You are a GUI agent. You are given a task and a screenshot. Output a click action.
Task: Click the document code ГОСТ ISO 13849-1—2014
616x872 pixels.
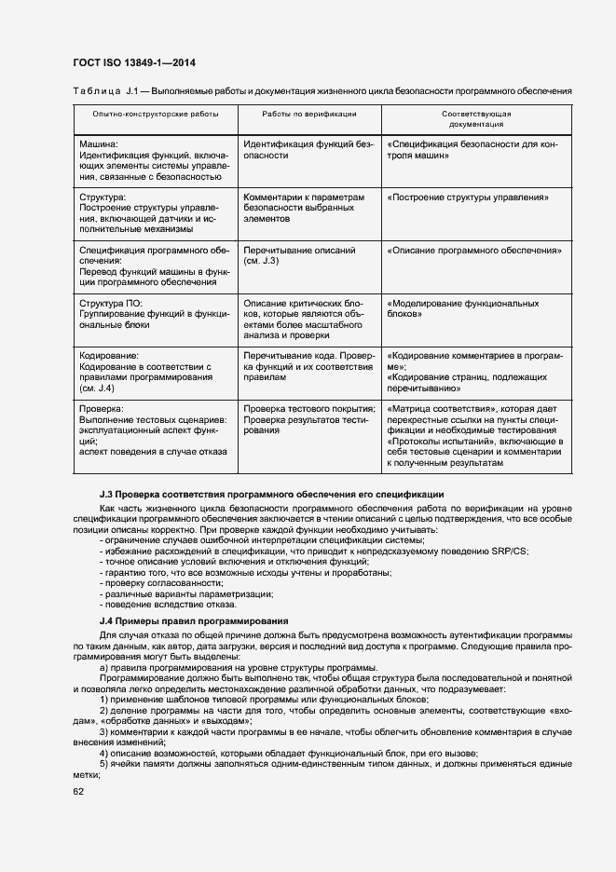(x=136, y=63)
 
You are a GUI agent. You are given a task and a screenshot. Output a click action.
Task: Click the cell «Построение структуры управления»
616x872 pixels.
(x=467, y=198)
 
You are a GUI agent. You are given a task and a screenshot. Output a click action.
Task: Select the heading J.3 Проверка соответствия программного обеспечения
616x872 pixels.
(x=271, y=493)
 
